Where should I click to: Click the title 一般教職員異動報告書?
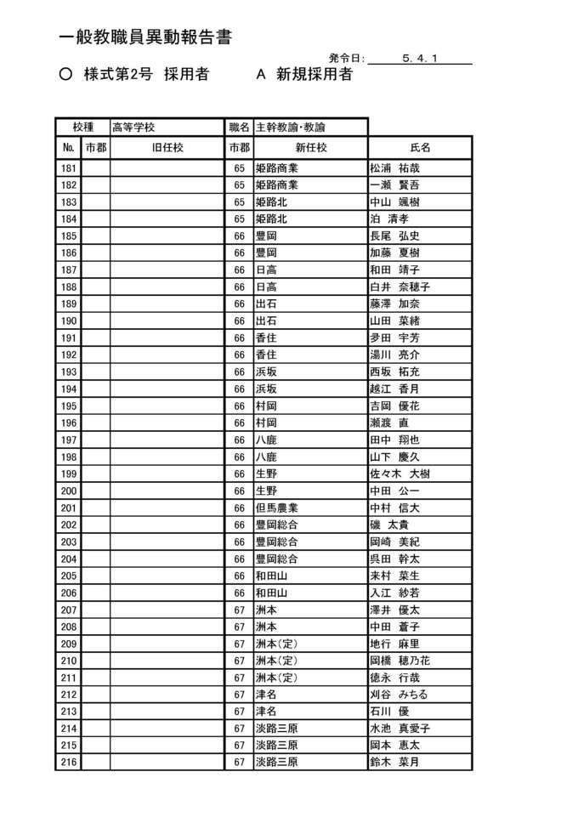tap(146, 38)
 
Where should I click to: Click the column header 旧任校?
tap(167, 148)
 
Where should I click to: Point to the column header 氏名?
tap(420, 148)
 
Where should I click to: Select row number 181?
tap(69, 168)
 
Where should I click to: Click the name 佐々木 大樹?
tap(400, 474)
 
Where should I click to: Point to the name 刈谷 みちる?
tap(399, 695)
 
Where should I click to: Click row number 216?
tap(69, 762)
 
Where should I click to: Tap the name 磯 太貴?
tap(389, 525)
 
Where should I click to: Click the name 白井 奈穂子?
tap(400, 287)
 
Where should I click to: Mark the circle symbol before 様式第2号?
tap(66, 75)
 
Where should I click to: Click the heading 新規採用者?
tap(314, 75)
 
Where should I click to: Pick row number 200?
tap(69, 491)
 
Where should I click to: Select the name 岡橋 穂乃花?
tap(400, 661)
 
